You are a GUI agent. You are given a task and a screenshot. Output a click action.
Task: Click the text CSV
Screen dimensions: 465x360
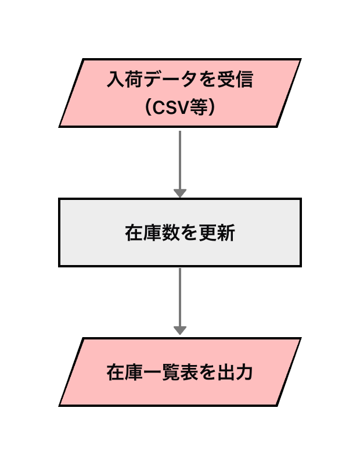pyautogui.click(x=172, y=107)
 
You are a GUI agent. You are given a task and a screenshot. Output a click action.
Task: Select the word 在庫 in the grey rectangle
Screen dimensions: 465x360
pyautogui.click(x=143, y=233)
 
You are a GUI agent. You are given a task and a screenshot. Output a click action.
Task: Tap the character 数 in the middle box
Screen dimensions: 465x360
pyautogui.click(x=171, y=233)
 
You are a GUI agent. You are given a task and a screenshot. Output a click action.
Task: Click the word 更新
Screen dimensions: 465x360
pyautogui.click(x=217, y=233)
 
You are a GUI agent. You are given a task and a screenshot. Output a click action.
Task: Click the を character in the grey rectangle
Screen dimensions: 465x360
pyautogui.click(x=189, y=233)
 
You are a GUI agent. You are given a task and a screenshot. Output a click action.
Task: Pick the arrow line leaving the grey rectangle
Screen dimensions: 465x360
pyautogui.click(x=180, y=296)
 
